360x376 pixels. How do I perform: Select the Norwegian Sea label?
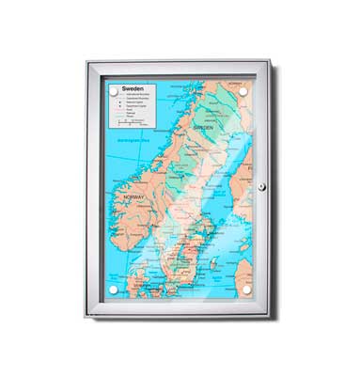(128, 143)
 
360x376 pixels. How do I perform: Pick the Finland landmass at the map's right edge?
(246, 160)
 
